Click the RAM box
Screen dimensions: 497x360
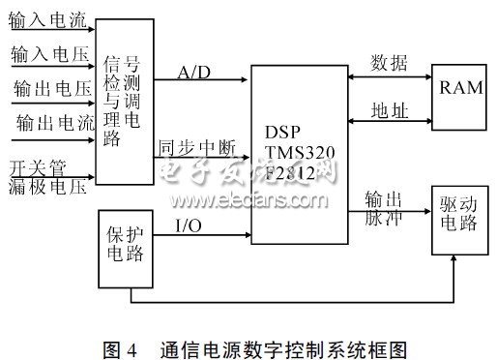pos(459,98)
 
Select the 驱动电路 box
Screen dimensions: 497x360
pos(460,221)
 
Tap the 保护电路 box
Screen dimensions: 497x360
pos(126,249)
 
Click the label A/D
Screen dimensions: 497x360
pos(194,73)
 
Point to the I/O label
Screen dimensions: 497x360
pos(189,225)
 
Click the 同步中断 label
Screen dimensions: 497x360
pos(197,148)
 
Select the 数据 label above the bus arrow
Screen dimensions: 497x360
pos(389,63)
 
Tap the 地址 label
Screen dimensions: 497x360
pos(390,110)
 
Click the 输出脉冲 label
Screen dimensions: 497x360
pos(383,208)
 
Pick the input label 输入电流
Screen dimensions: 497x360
pos(47,20)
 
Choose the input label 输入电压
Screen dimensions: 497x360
pos(50,54)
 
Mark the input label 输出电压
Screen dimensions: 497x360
pos(52,88)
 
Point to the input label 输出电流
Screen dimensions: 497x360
pos(55,123)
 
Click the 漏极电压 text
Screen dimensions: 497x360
pos(47,187)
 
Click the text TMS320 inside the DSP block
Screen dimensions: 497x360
pos(300,152)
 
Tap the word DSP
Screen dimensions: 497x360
pos(282,132)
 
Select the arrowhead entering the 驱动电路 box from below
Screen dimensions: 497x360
pos(453,258)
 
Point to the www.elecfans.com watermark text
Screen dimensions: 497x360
pos(248,200)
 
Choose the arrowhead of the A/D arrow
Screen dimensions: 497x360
pos(245,79)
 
